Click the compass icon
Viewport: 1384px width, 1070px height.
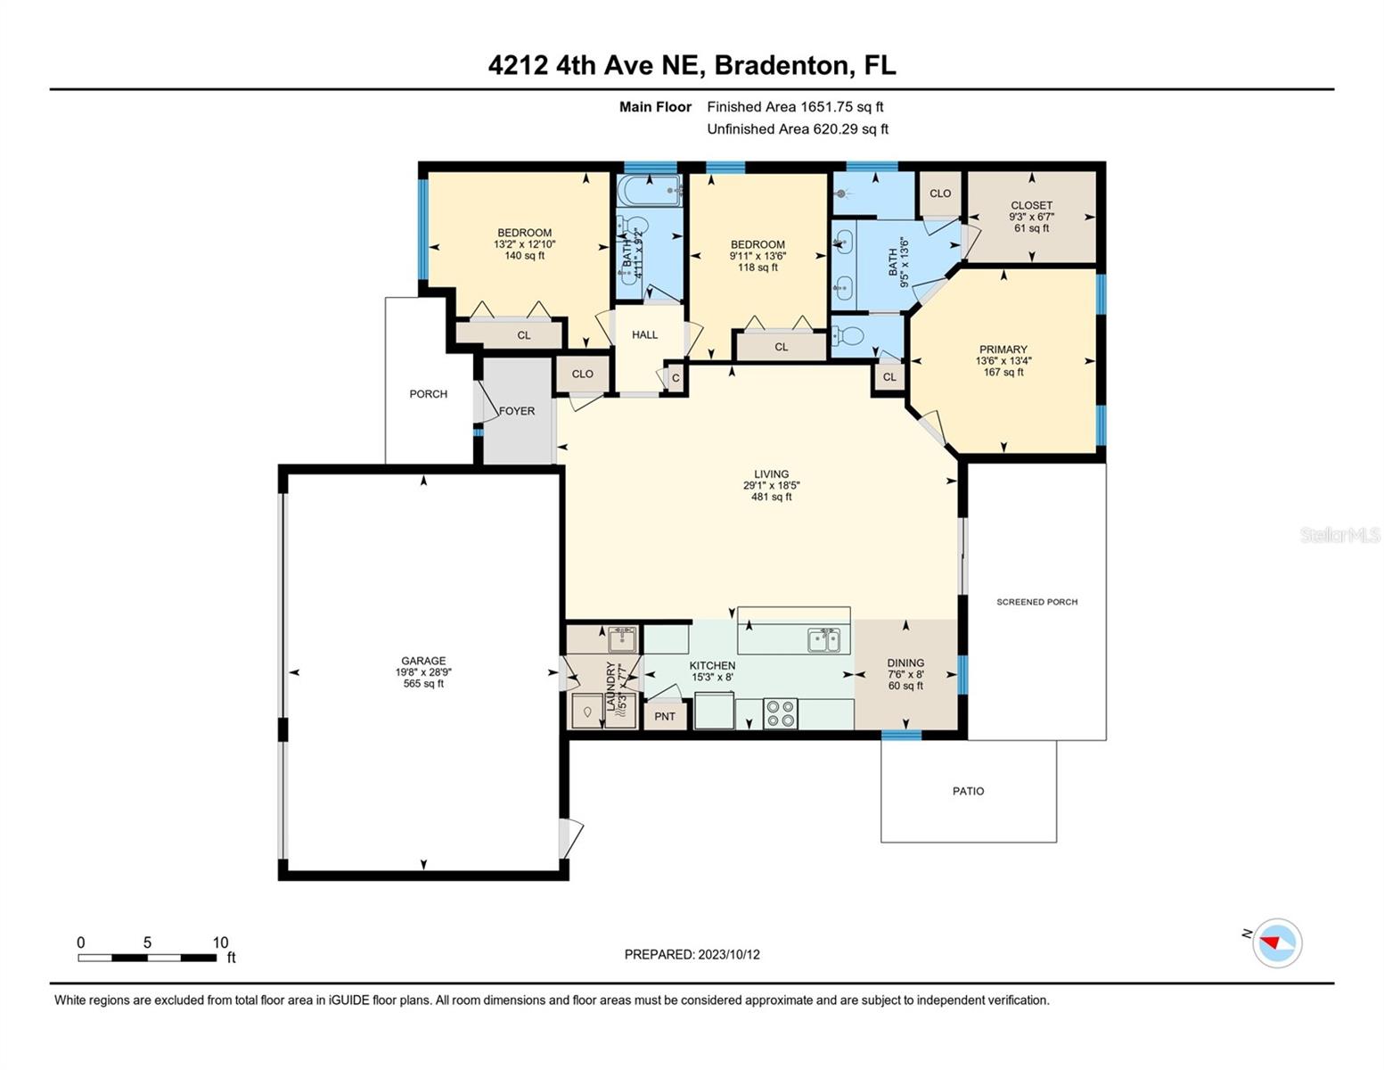tap(1276, 942)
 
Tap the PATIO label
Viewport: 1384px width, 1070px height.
tap(968, 791)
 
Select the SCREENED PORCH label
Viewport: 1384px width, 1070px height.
tap(1036, 602)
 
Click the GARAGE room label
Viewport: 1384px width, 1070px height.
tap(423, 661)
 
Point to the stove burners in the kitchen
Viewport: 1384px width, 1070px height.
tap(780, 713)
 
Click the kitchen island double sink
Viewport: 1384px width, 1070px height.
tap(824, 639)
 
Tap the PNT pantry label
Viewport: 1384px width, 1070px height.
tap(664, 716)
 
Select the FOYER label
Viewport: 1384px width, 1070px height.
tap(517, 411)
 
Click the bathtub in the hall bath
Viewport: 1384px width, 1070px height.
tap(649, 191)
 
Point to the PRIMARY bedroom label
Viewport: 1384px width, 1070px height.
tap(1003, 350)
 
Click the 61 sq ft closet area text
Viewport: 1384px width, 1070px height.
tap(1031, 228)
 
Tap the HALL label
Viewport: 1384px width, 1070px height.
tap(644, 334)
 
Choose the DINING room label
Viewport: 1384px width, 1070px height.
tap(905, 663)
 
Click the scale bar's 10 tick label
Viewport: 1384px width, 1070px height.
tap(220, 942)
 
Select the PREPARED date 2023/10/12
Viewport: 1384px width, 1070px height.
tap(729, 954)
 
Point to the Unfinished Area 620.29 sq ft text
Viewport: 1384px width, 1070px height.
tap(798, 128)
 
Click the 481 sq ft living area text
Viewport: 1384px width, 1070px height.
tap(771, 497)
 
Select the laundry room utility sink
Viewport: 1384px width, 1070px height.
tap(622, 638)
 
